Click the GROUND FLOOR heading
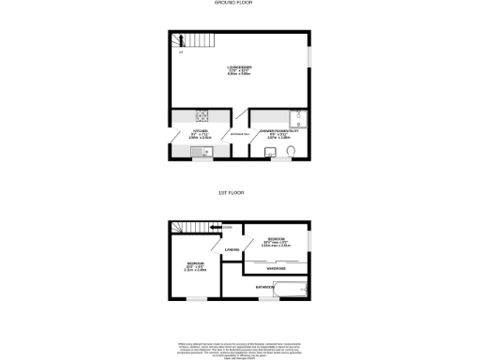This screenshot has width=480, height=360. tap(239, 4)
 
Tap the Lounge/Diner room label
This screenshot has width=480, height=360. tap(238, 70)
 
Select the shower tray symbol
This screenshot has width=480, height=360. tap(297, 118)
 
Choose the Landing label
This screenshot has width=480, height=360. tap(232, 248)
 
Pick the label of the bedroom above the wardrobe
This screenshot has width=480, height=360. tap(276, 242)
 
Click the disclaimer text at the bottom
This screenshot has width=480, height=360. tap(239, 346)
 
